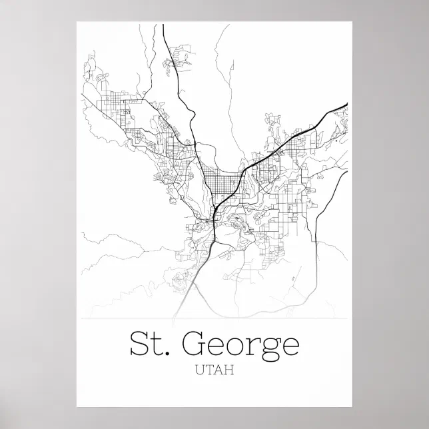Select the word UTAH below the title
pos(214,370)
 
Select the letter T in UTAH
pos(210,370)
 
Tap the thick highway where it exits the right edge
pos(346,104)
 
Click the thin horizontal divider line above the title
pos(214,319)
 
